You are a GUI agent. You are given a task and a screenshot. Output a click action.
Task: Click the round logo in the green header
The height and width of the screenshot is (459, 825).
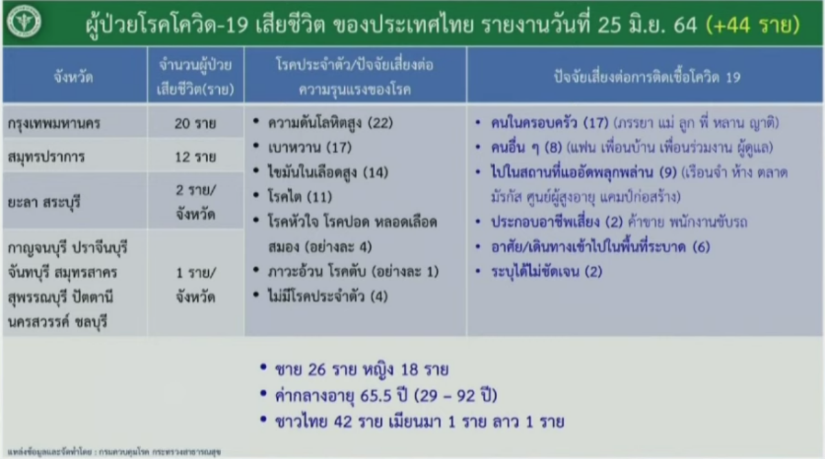(24, 22)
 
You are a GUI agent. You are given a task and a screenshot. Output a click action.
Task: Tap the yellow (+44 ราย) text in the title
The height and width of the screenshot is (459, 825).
(752, 25)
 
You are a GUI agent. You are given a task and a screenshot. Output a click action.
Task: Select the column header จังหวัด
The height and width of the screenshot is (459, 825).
(73, 77)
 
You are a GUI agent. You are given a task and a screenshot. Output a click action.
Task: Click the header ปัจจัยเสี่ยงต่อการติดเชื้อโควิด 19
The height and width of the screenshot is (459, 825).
(647, 77)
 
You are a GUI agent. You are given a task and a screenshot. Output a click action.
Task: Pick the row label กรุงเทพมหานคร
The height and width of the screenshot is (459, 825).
(53, 123)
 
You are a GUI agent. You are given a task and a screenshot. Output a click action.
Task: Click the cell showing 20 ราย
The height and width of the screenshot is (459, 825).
(195, 123)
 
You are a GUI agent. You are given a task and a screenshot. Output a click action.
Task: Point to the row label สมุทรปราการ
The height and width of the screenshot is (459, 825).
(46, 157)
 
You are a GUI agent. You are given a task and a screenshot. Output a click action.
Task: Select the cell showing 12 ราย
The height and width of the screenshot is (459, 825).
(195, 157)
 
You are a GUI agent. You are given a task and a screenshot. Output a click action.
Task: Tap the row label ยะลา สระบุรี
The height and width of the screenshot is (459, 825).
(44, 203)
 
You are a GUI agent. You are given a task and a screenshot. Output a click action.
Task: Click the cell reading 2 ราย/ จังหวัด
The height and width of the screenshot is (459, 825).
(195, 202)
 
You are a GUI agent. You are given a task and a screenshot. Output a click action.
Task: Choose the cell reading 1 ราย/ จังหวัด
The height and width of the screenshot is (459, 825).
(195, 285)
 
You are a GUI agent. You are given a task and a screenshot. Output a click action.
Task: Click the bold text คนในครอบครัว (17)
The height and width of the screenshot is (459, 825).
(550, 123)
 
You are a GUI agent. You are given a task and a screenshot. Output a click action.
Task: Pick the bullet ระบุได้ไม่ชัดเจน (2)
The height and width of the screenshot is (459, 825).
(547, 272)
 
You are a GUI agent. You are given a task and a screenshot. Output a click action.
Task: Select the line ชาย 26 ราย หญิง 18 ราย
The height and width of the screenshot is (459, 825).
(362, 370)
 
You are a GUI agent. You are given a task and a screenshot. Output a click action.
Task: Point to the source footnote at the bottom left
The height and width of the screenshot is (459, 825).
(114, 452)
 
